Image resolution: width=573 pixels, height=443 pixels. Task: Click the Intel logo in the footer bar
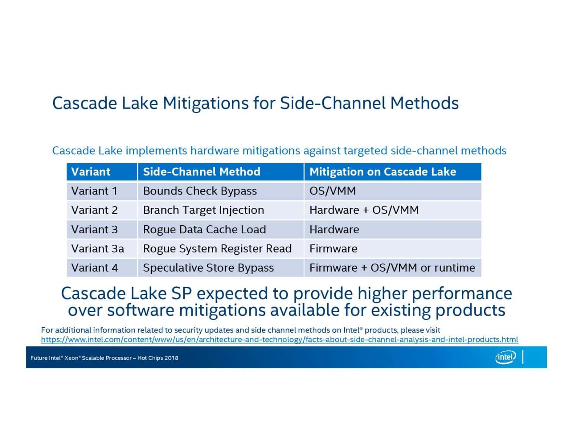(x=505, y=357)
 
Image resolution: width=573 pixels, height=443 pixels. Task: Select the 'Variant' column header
(x=90, y=172)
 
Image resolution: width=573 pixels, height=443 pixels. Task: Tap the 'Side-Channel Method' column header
(x=201, y=172)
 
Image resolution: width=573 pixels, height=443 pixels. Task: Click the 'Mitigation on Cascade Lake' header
(x=383, y=172)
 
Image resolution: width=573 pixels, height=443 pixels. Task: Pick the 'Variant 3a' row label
(x=98, y=248)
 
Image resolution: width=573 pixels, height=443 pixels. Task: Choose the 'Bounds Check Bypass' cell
(x=200, y=191)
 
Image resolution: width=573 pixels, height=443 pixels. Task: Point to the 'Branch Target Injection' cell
(x=203, y=210)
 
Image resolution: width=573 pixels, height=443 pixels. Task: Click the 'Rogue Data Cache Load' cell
(x=205, y=229)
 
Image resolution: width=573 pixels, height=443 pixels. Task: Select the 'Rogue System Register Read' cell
(x=217, y=249)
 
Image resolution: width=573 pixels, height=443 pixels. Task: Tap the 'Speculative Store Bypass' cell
(x=208, y=268)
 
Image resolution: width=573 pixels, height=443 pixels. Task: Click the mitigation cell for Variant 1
(x=332, y=191)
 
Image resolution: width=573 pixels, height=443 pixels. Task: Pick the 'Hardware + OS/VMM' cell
(x=364, y=210)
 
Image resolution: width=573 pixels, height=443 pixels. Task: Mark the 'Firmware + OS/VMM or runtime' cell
(x=392, y=268)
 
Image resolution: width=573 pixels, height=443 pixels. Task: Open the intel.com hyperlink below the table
(x=280, y=339)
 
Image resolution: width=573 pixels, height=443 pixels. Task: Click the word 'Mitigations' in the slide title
(x=206, y=103)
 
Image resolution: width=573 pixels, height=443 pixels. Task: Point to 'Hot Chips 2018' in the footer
(x=158, y=358)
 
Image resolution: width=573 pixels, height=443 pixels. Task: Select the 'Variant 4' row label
(x=94, y=268)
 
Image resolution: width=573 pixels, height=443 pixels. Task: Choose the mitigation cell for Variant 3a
(x=333, y=248)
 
